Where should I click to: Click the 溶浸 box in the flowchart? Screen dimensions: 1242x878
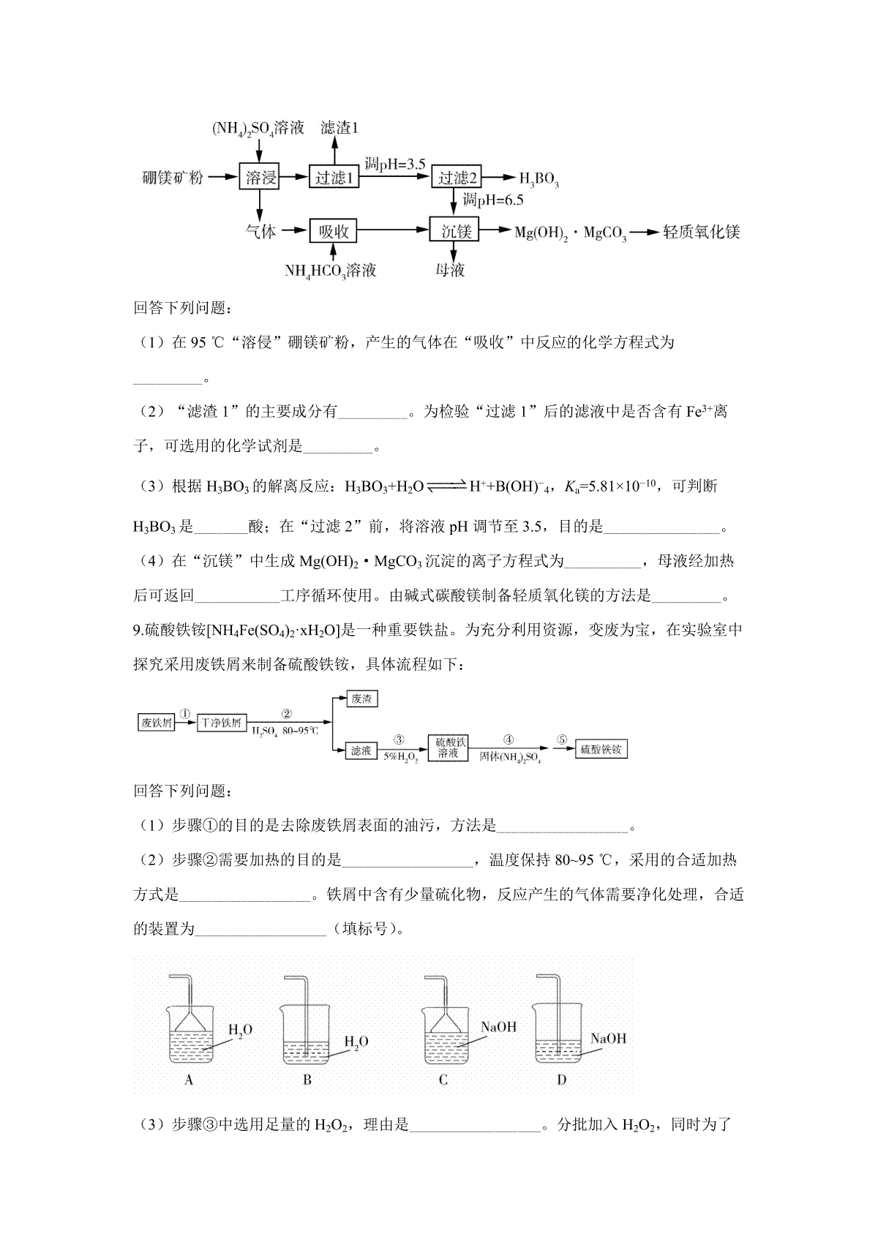coord(260,178)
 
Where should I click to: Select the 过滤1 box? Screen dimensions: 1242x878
coord(334,178)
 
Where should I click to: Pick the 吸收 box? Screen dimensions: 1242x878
coord(334,232)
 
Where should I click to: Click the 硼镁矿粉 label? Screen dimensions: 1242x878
coord(173,178)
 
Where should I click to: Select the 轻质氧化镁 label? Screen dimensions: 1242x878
coord(701,233)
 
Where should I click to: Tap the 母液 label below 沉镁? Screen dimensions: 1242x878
coord(451,270)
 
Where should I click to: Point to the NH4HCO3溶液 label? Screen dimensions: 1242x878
coord(331,271)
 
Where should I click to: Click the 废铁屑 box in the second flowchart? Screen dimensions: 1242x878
coord(157,723)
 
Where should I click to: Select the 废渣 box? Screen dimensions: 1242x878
coord(361,699)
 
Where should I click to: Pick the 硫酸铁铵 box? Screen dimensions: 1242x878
coord(601,750)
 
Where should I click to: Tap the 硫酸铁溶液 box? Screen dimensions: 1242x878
coord(447,748)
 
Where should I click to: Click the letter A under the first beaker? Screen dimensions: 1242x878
coord(189,1080)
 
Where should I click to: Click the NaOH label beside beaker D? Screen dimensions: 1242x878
coord(608,1039)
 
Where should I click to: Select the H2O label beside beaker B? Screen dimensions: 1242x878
coord(356,1042)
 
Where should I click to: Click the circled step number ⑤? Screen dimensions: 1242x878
coord(561,739)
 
